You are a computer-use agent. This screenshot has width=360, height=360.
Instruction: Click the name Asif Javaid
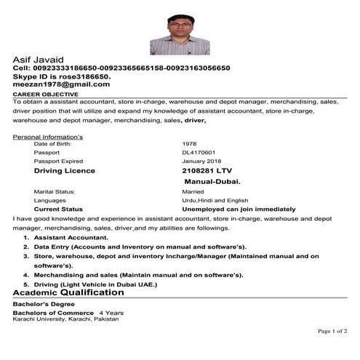click(38, 59)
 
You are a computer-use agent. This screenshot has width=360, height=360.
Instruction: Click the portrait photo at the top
click(180, 34)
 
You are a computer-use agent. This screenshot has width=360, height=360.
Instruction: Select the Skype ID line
click(62, 76)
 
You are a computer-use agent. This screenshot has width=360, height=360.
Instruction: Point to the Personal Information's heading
click(48, 137)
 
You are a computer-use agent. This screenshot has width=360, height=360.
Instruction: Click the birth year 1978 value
click(190, 144)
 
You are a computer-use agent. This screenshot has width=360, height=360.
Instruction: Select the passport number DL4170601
click(199, 152)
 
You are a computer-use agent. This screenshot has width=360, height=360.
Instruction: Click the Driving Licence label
click(64, 171)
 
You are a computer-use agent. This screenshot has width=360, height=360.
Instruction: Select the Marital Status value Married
click(193, 191)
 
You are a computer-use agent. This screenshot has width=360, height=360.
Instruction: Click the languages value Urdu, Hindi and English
click(215, 200)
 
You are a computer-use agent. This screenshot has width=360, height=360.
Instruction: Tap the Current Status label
click(58, 209)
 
